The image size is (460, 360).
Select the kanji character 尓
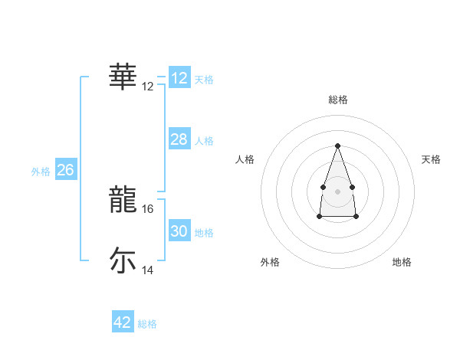123,260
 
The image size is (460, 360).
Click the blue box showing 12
179,78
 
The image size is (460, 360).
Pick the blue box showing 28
179,139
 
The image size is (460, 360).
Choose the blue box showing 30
179,231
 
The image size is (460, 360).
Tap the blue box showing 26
65,170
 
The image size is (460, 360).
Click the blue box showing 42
123,322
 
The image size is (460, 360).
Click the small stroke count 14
149,270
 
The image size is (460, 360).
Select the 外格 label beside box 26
41,172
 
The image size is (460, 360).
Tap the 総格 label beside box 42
147,324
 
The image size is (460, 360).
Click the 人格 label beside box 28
204,141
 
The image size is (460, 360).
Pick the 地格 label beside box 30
204,233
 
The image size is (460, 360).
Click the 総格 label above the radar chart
337,100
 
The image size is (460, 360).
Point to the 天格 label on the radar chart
431,159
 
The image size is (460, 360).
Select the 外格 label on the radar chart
270,262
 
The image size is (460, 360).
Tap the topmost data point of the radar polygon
337,146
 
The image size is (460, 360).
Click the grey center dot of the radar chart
337,190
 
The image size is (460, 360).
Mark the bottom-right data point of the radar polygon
356,217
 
